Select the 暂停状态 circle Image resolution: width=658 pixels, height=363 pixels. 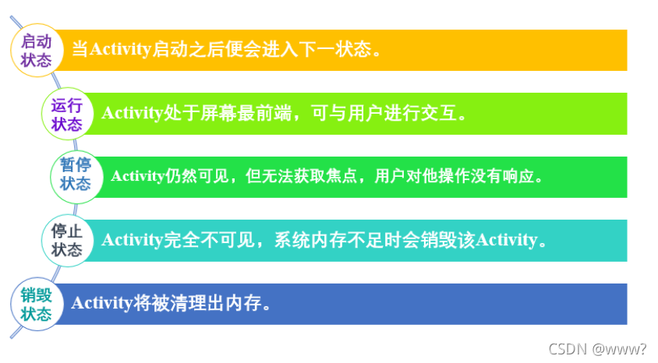(75, 175)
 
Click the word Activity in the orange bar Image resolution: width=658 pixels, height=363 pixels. (119, 50)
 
